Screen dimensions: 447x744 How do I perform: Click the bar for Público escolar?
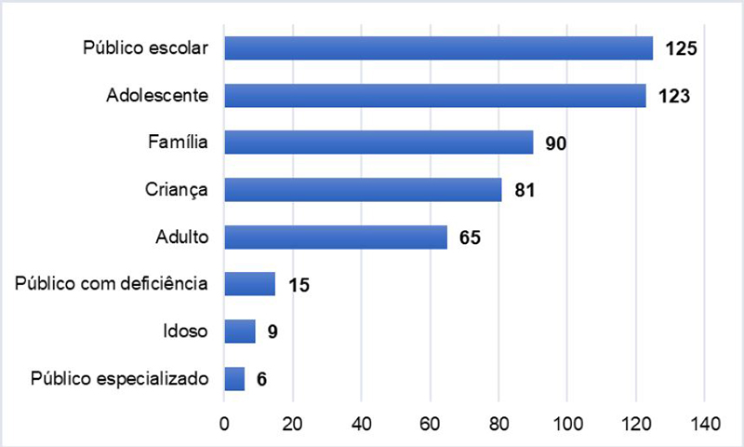click(x=438, y=47)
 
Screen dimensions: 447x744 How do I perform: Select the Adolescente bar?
click(x=435, y=95)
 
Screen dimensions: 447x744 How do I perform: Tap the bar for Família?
click(x=379, y=142)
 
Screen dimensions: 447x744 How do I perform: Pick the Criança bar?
click(x=363, y=190)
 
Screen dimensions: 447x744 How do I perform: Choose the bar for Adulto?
click(x=336, y=237)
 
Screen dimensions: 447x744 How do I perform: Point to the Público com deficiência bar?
click(x=249, y=284)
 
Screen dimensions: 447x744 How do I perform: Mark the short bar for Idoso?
click(x=239, y=332)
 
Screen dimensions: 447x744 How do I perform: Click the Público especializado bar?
click(x=234, y=379)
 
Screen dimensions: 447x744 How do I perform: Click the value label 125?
click(x=681, y=48)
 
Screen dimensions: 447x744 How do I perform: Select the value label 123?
click(x=672, y=96)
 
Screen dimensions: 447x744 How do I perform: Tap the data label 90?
click(x=556, y=143)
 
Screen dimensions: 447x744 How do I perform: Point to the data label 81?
click(x=525, y=191)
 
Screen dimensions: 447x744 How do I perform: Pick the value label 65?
click(x=470, y=237)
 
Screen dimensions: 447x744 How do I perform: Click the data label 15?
click(x=298, y=285)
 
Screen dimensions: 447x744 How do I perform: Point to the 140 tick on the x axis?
click(x=704, y=424)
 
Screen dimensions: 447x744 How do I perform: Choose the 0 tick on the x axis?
click(x=224, y=424)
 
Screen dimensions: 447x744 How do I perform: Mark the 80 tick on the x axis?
click(x=498, y=424)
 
